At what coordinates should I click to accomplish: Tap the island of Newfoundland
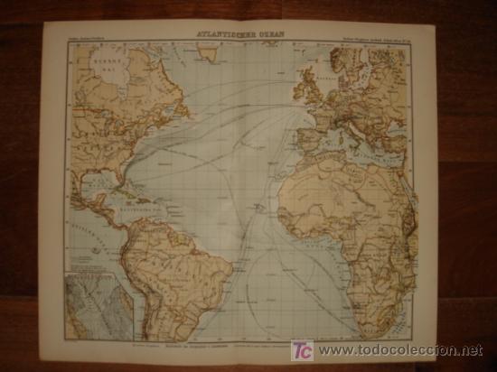[197, 105]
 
